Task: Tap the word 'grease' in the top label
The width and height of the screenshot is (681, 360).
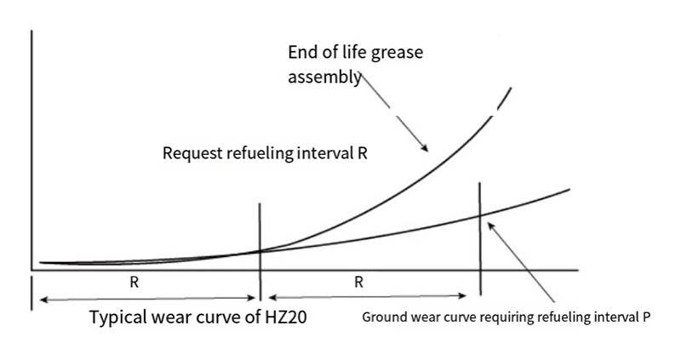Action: (397, 53)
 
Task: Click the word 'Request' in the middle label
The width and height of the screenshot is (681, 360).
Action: (192, 155)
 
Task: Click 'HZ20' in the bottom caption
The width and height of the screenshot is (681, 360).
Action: (284, 318)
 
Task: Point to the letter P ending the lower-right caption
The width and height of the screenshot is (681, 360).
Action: (647, 318)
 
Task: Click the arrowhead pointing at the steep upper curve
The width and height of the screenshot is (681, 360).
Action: (425, 151)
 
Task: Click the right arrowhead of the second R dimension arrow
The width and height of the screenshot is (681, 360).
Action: (466, 297)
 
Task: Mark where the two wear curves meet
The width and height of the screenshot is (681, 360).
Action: (260, 251)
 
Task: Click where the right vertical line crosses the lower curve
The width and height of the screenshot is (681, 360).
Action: (481, 216)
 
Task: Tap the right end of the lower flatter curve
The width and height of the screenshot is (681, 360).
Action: (568, 187)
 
